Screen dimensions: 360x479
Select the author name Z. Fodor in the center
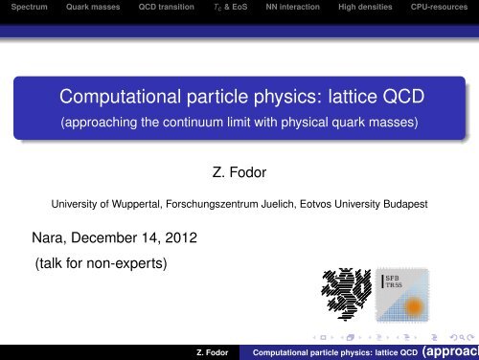click(239, 175)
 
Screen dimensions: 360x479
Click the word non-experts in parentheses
click(125, 258)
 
